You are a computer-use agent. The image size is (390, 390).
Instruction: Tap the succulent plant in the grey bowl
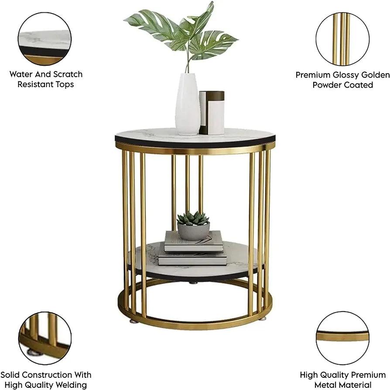(193, 218)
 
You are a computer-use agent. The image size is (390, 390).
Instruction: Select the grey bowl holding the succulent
(194, 231)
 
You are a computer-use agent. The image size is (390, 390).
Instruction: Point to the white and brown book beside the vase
(212, 113)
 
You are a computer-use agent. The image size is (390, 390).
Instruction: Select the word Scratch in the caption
(68, 74)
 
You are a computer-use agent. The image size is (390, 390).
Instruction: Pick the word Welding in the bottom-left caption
(72, 385)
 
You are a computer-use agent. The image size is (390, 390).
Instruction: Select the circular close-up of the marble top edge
(44, 39)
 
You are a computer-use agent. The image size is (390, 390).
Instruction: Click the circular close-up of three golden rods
(342, 39)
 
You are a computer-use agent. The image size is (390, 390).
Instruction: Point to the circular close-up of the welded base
(45, 338)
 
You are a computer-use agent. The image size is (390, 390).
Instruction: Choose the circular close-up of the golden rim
(342, 338)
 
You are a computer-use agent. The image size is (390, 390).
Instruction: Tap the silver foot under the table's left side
(132, 321)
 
